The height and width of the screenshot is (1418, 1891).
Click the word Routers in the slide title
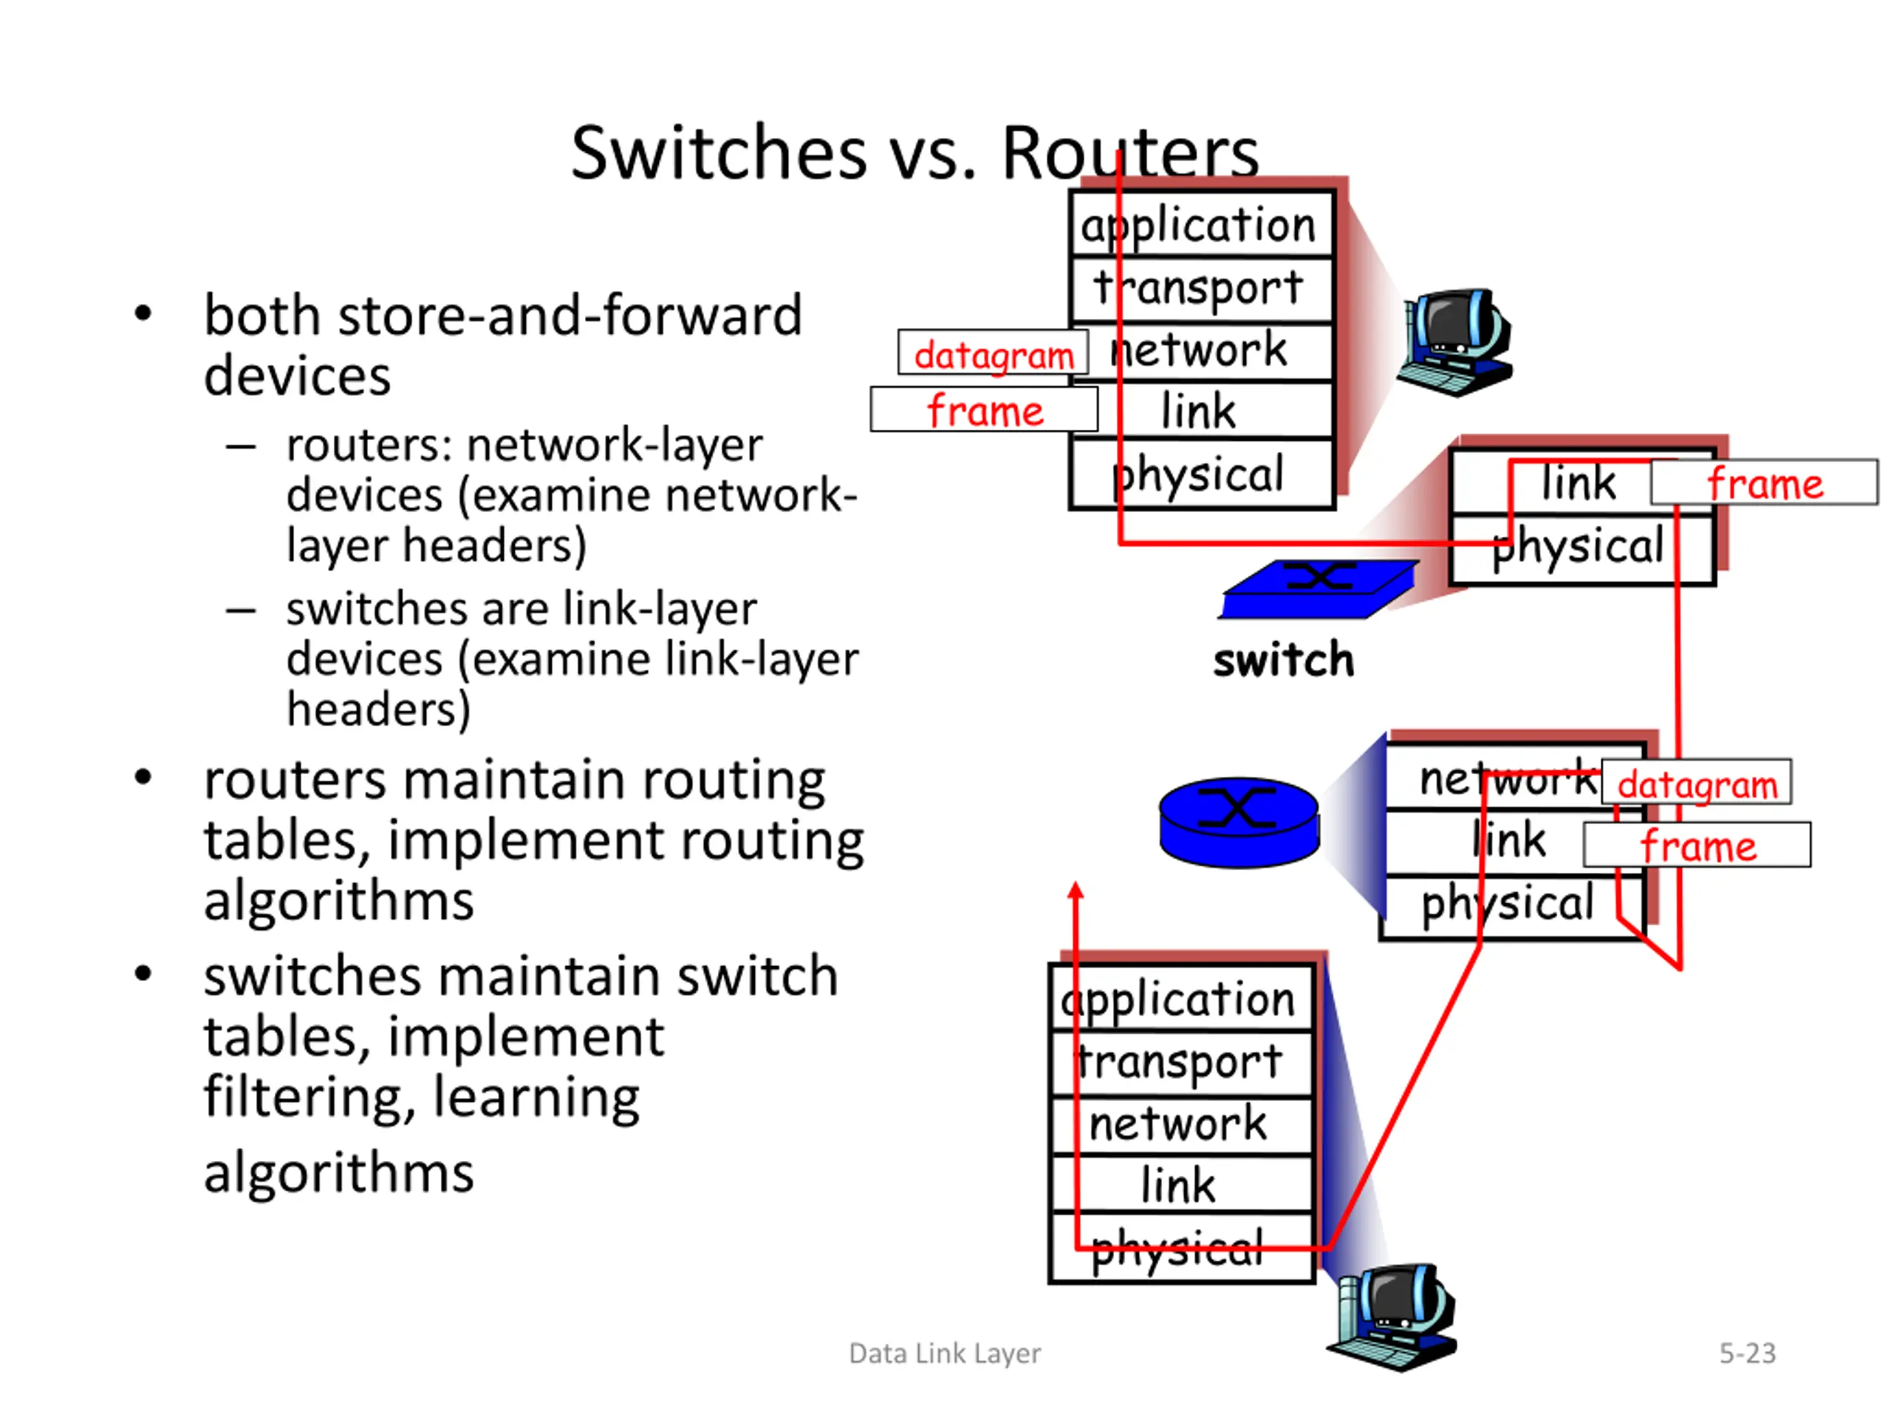[x=1129, y=153]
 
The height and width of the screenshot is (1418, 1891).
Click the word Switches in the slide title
[x=719, y=153]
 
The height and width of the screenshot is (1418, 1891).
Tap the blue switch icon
[x=1319, y=589]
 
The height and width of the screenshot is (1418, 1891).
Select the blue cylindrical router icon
[x=1239, y=822]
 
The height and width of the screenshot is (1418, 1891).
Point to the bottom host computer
[x=1392, y=1317]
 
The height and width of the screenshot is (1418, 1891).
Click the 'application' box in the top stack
[x=1201, y=224]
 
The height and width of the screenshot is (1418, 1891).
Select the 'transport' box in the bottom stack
[x=1180, y=1063]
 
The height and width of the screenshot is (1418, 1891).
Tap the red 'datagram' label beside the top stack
[x=994, y=352]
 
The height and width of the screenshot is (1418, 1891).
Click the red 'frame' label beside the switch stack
[x=1765, y=483]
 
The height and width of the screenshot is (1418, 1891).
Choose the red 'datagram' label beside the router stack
[x=1697, y=782]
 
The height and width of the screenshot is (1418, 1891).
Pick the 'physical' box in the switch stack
[x=1582, y=549]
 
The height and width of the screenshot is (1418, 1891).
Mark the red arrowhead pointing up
[x=1076, y=891]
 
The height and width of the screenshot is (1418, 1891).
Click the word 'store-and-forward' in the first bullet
[x=571, y=315]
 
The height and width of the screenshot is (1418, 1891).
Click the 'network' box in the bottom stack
[x=1180, y=1125]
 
